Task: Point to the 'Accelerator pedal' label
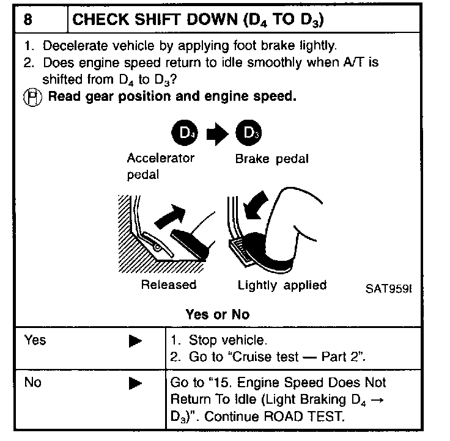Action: (x=160, y=166)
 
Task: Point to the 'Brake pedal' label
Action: (x=271, y=159)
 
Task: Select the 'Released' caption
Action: (x=169, y=285)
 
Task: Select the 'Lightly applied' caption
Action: (x=282, y=285)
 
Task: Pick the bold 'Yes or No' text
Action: (x=217, y=315)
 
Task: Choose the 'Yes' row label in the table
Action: (x=35, y=340)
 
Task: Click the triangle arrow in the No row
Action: (x=136, y=384)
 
